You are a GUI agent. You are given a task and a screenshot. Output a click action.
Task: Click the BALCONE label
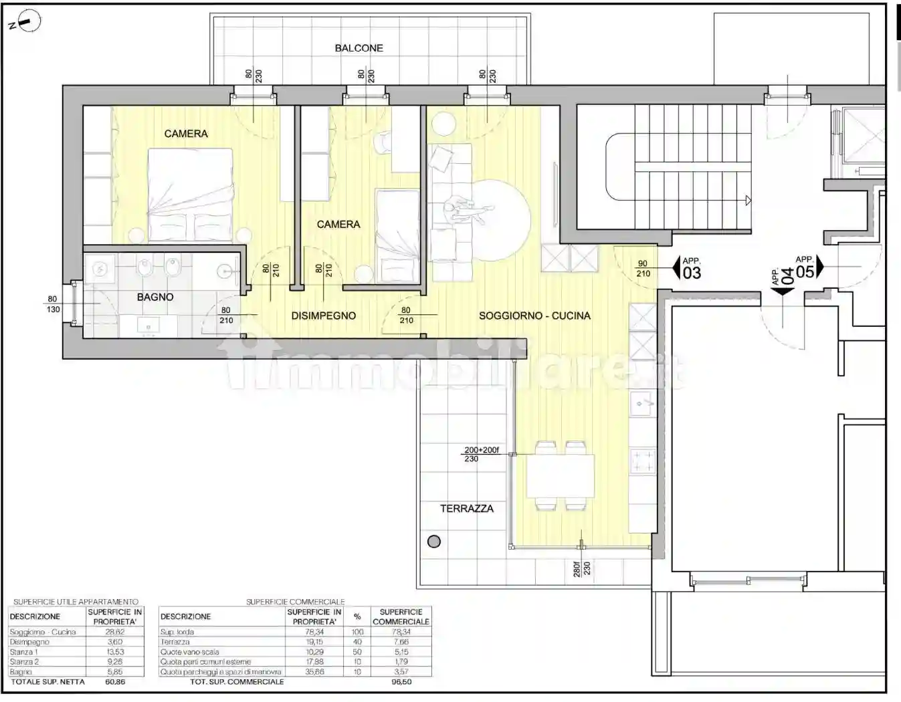tap(359, 48)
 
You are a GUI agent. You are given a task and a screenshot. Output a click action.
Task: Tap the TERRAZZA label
tap(466, 509)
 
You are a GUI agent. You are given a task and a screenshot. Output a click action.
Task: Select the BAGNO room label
tap(155, 297)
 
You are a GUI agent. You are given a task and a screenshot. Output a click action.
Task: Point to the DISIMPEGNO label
tap(323, 316)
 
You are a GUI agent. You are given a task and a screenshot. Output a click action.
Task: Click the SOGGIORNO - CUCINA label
tap(534, 316)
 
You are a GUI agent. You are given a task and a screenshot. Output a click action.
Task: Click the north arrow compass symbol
tap(26, 23)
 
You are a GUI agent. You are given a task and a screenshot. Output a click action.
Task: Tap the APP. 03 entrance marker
tap(686, 269)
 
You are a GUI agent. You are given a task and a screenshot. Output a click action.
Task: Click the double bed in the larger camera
tap(190, 195)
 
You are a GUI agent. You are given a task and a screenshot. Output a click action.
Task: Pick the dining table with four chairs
tap(560, 476)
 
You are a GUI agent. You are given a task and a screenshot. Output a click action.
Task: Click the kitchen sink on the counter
tap(642, 404)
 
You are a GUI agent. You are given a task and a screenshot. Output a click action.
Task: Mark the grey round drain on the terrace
tap(434, 542)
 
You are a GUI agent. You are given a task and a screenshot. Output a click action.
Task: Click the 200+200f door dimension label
tap(482, 450)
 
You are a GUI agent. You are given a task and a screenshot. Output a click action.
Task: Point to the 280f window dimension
tap(577, 568)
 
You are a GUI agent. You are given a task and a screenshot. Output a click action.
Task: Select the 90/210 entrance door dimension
tap(643, 268)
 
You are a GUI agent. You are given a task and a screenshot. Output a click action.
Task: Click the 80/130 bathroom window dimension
tap(53, 304)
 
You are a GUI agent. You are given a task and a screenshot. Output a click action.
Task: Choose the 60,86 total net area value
tap(115, 682)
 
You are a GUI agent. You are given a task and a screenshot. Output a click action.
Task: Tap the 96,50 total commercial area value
tap(401, 682)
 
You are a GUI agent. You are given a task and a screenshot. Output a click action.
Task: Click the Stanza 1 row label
tap(24, 652)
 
